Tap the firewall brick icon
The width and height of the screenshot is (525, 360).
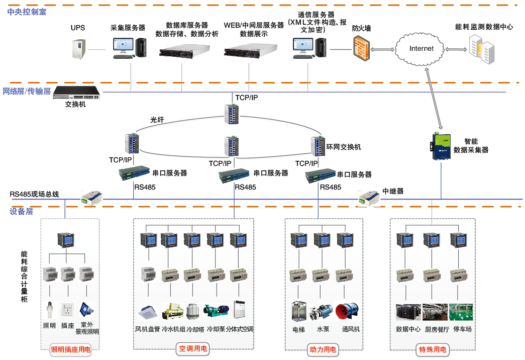[x=361, y=49]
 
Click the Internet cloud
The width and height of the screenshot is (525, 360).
[x=421, y=49]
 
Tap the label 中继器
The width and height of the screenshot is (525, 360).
[x=393, y=191]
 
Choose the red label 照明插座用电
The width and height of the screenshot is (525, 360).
[x=71, y=349]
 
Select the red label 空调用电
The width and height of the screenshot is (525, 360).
[x=193, y=349]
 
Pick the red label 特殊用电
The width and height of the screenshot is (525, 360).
[x=433, y=349]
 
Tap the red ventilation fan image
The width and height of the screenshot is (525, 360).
[x=347, y=311]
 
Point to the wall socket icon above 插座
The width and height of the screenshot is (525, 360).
[x=67, y=309]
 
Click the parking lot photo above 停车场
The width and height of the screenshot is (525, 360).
[x=461, y=312]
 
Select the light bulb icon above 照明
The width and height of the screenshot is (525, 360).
[x=49, y=309]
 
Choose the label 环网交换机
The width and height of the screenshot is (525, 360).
[x=344, y=147]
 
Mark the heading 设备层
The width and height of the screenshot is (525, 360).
[x=21, y=212]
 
